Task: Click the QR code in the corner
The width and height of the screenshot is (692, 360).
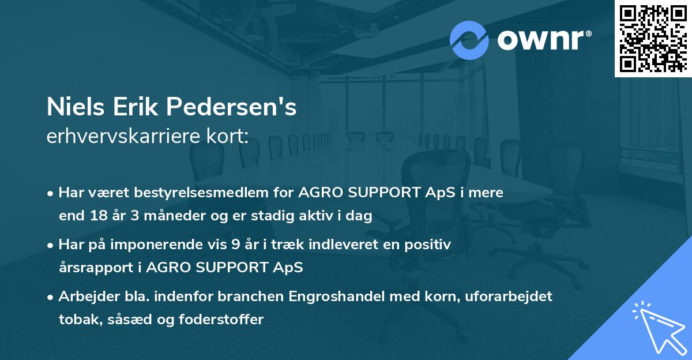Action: point(652,39)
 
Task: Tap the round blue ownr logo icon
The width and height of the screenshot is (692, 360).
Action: point(469,40)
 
